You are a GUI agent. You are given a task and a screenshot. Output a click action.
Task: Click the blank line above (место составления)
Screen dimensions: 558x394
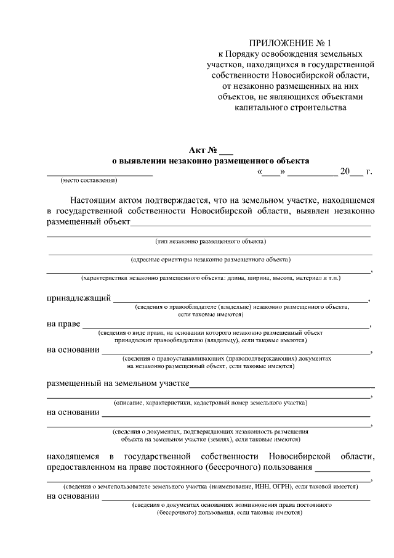pos(100,175)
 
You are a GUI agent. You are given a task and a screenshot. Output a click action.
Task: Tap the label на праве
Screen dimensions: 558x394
pos(63,324)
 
